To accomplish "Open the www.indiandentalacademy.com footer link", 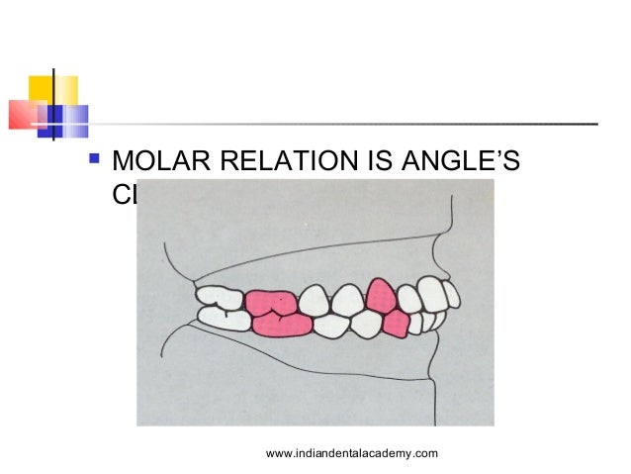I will [352, 453].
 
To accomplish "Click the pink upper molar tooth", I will [271, 302].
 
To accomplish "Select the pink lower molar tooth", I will [282, 324].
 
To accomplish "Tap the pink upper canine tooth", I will [381, 294].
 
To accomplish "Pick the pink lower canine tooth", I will [397, 323].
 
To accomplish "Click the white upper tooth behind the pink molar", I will [220, 297].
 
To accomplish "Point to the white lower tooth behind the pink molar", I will [225, 319].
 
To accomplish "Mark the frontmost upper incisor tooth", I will [451, 294].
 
